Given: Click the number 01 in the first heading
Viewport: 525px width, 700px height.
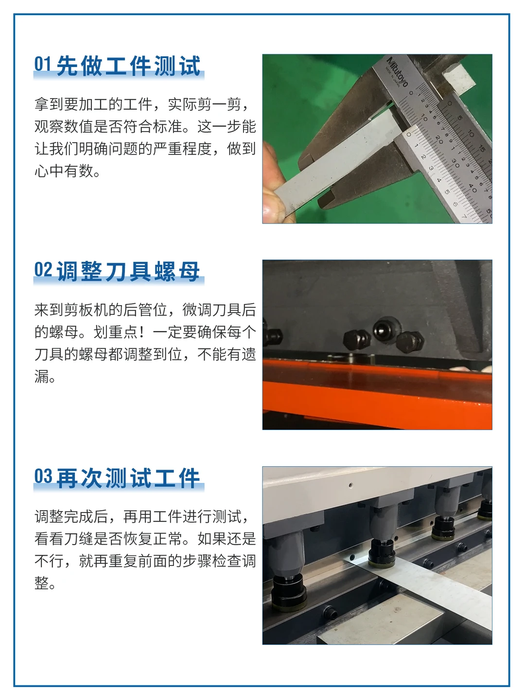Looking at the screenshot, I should point(42,65).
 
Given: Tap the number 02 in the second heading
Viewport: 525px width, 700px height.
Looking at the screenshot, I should point(43,270).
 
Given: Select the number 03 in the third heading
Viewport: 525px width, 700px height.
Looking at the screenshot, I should point(43,477).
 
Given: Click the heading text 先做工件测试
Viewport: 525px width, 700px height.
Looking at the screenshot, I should point(128,66).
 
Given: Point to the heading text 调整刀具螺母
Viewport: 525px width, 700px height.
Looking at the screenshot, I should point(128,271).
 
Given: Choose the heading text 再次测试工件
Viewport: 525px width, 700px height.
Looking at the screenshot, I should point(128,478).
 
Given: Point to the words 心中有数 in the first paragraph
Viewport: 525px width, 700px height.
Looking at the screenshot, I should point(64,171).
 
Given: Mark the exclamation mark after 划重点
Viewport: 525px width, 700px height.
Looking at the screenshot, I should point(141,332).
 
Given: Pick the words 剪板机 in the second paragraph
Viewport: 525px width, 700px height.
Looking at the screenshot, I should point(86,310).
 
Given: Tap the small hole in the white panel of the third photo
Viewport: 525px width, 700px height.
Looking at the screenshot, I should point(350,485).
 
